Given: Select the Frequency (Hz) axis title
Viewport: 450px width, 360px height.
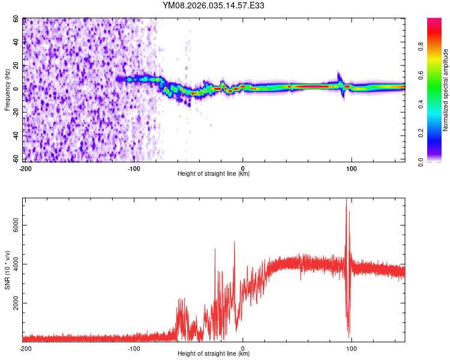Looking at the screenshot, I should (x=7, y=90).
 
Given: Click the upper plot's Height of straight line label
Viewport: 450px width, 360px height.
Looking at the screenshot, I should (x=214, y=173).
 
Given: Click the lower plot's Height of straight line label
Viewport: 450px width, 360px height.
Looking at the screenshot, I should (x=214, y=353).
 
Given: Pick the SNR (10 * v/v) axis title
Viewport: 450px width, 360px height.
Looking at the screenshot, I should (x=7, y=270).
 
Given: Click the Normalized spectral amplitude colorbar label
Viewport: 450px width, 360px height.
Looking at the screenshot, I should (x=446, y=90).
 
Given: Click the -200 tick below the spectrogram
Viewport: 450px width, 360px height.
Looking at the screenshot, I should (x=25, y=168).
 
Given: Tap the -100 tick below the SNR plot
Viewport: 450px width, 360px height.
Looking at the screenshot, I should (x=134, y=348).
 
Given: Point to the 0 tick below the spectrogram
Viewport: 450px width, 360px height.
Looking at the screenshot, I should (x=243, y=168).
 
